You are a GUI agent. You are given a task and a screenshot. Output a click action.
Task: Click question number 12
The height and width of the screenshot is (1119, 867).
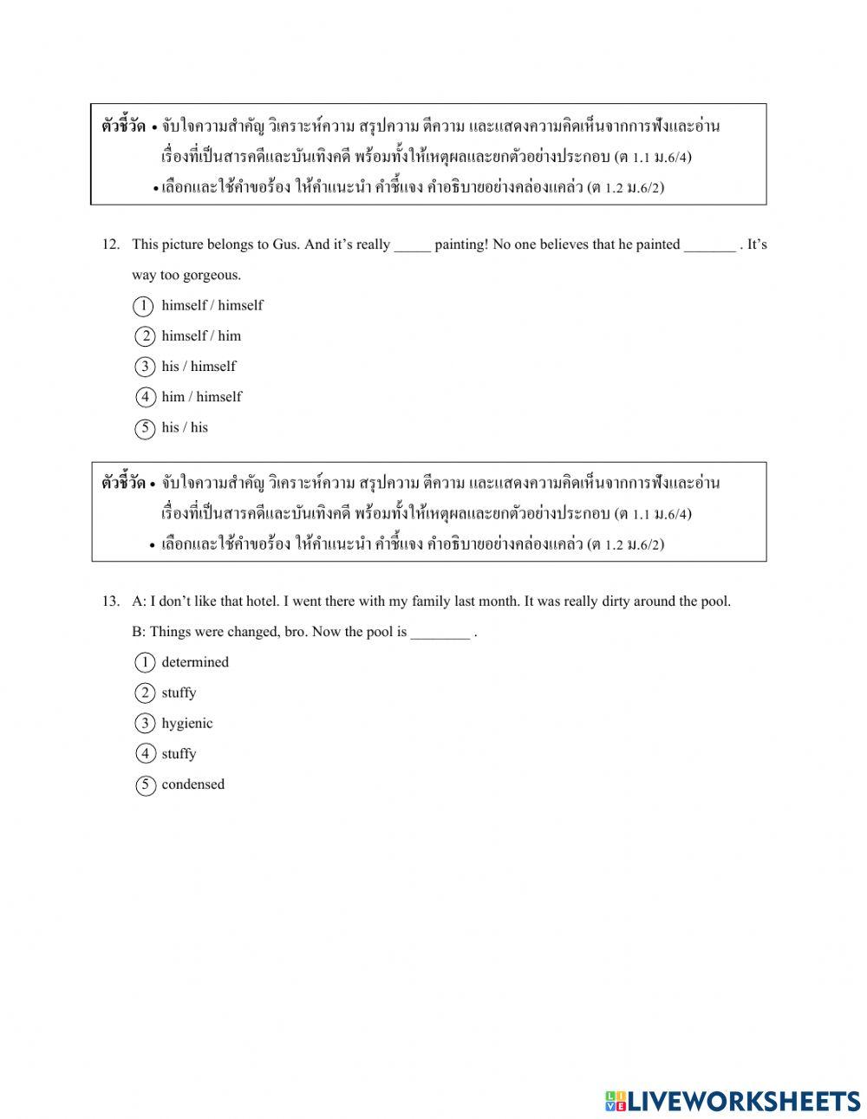tap(110, 244)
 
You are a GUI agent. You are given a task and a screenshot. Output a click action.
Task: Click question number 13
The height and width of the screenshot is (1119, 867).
tap(110, 602)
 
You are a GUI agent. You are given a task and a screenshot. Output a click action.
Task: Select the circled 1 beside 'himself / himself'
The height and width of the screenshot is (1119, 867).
tap(144, 306)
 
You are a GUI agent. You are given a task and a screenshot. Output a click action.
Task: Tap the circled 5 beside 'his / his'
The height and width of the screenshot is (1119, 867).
tap(144, 428)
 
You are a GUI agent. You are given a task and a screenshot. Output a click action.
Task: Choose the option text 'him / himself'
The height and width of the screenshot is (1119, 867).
tap(201, 397)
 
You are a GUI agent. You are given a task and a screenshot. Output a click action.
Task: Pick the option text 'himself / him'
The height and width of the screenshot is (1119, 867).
tap(201, 336)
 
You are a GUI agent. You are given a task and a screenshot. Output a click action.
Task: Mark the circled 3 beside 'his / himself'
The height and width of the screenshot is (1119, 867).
tap(144, 367)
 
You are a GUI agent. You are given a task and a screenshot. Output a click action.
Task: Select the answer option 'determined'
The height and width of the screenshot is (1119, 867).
tap(195, 662)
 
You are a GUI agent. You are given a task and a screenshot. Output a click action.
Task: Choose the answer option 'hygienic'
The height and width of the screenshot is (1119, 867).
tap(186, 724)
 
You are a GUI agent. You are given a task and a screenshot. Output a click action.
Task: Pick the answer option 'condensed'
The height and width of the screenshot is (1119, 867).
tap(192, 784)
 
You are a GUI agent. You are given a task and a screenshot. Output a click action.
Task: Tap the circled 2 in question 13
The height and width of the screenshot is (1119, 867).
tap(144, 693)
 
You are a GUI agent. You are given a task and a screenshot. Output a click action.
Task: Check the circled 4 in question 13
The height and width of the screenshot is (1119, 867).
tap(144, 754)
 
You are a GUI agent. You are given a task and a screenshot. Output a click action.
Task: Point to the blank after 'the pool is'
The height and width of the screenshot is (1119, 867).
tap(440, 633)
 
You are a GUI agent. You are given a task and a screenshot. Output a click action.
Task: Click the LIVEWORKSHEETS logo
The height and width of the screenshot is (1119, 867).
tap(733, 1101)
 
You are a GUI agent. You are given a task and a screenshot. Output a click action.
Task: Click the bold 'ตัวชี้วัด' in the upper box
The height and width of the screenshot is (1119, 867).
tap(123, 127)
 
